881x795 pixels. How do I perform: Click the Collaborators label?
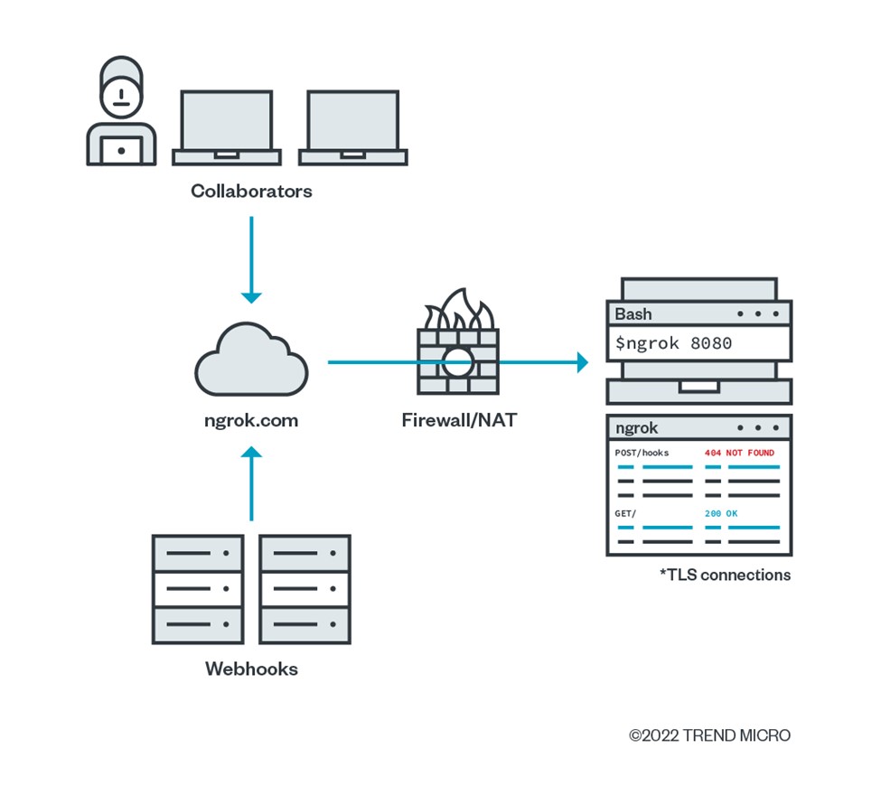251,191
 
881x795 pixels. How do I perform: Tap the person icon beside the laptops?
121,112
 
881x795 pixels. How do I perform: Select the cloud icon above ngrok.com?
251,362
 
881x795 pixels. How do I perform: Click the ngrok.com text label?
250,420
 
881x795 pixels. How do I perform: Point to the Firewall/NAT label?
459,420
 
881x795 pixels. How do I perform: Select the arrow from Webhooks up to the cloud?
251,483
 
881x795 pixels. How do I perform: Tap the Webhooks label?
251,669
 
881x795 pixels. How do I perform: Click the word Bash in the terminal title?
633,314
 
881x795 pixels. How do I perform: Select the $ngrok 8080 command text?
673,343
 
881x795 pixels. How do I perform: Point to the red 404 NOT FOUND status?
739,453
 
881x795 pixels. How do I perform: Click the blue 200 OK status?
721,513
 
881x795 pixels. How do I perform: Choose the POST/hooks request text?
642,453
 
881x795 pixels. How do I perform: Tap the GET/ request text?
625,513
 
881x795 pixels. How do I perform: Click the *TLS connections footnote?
725,575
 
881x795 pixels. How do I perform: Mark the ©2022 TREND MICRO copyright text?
709,735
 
